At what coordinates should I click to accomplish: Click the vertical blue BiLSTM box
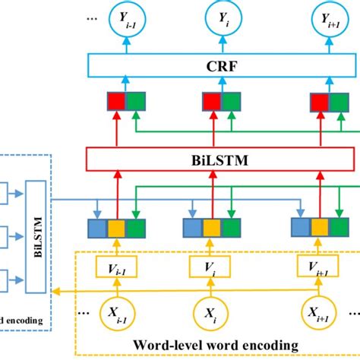[x=37, y=230]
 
